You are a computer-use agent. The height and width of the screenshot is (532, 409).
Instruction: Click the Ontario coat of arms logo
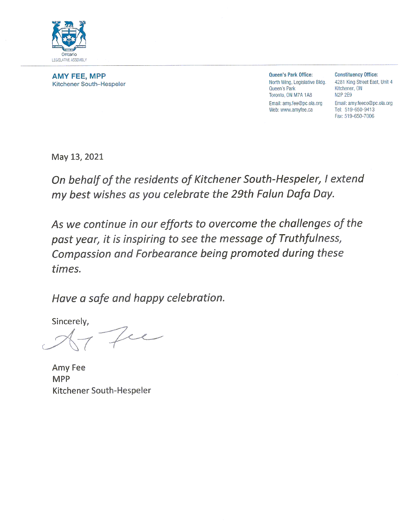coord(69,37)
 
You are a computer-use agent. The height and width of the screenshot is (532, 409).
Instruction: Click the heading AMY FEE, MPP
coord(79,76)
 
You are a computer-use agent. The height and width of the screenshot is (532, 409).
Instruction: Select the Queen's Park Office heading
coord(291,75)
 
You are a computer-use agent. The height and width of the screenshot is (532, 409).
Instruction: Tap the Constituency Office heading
coord(356,75)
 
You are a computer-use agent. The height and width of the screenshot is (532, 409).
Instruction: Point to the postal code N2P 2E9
coord(343,95)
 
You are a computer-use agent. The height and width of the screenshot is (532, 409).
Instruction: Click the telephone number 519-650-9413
coord(359,110)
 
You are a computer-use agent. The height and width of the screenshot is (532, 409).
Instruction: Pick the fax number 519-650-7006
coord(359,116)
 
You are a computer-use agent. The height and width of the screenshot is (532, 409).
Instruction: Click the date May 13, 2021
coord(77,157)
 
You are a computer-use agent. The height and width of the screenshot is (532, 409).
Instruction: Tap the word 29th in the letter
coord(243,194)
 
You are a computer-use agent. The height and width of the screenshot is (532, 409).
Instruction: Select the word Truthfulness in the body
coord(310,238)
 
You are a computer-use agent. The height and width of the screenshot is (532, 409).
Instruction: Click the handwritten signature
coord(103,339)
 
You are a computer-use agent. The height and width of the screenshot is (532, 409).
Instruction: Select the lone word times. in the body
coord(66,269)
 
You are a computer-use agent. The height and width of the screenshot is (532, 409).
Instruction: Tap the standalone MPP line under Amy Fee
coord(61,379)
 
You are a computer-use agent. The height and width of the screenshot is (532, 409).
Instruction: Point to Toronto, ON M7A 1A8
coord(290,95)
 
